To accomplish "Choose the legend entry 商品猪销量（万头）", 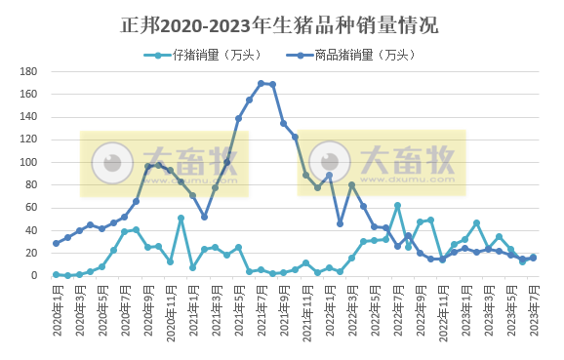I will point(342,55).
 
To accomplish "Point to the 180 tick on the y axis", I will point(29,72).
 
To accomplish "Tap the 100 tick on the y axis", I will point(29,163).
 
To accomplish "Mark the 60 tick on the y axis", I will point(31,208).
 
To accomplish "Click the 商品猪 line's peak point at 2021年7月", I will point(261,84).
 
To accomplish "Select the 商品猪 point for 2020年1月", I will point(56,243).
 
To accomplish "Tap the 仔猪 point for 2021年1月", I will point(192,267).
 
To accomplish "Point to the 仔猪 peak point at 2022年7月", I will point(397,206).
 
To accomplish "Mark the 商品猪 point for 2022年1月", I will point(329,176).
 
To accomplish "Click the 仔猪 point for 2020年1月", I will point(56,274).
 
